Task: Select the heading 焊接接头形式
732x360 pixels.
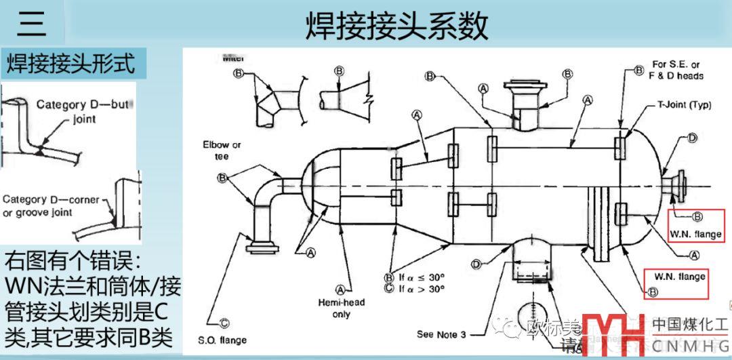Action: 70,63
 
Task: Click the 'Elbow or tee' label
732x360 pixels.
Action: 222,151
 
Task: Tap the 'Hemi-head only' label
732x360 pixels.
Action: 350,308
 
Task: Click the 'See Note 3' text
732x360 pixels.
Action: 441,334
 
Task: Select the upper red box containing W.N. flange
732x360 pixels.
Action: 697,226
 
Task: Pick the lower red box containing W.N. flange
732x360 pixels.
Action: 676,283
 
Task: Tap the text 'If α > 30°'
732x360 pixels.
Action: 420,288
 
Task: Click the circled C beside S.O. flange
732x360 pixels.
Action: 224,323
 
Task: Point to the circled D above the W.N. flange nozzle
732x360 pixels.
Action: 691,138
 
